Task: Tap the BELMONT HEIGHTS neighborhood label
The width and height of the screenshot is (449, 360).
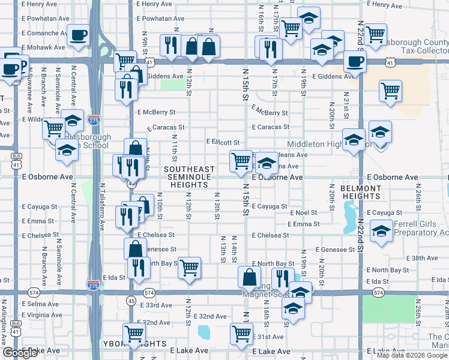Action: [361, 193]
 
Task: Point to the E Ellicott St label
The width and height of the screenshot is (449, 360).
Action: [223, 142]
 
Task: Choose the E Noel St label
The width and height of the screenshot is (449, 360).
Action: [304, 213]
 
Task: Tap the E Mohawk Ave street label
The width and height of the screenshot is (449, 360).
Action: [43, 47]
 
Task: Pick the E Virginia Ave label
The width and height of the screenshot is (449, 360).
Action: [41, 314]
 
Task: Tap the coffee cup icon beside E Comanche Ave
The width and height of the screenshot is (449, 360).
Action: [78, 35]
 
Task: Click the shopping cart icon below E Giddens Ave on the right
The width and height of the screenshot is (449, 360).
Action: [390, 91]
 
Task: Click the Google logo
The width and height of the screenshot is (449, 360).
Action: [20, 353]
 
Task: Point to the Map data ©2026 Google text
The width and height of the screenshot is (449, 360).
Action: [411, 355]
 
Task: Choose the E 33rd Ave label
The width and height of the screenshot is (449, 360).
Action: [155, 305]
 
